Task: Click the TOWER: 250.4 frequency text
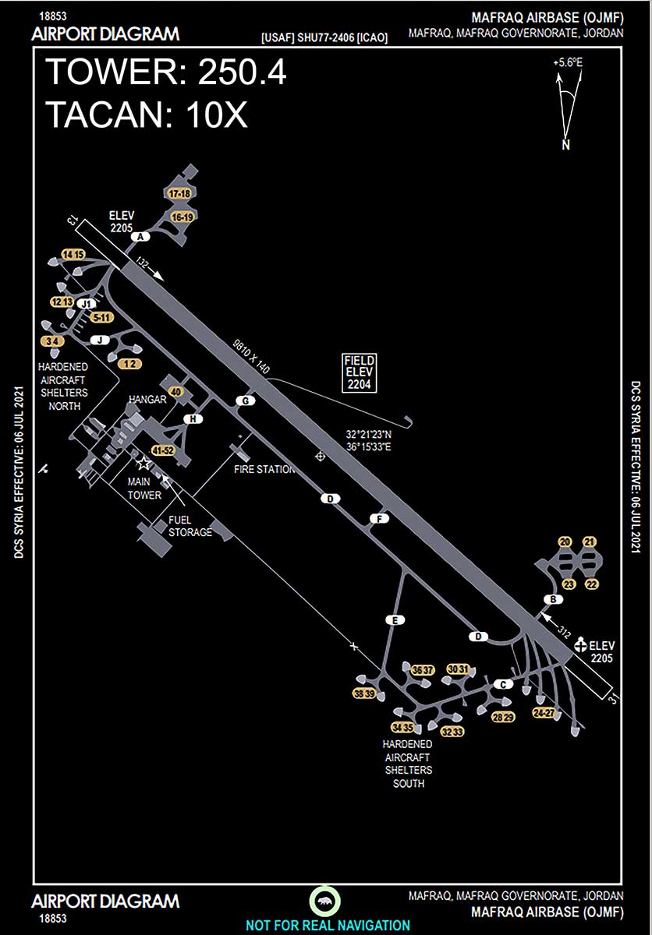166,72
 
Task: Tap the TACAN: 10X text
147,115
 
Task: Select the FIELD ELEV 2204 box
360,372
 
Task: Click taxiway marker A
141,236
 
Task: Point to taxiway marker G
246,400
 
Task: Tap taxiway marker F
379,519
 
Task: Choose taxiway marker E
395,620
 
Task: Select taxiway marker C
503,684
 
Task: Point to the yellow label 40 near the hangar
175,391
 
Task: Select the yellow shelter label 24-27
544,713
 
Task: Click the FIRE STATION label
265,469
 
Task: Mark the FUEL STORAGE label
190,527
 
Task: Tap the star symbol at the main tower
144,464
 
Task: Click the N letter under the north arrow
565,145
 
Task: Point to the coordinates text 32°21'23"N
369,433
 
